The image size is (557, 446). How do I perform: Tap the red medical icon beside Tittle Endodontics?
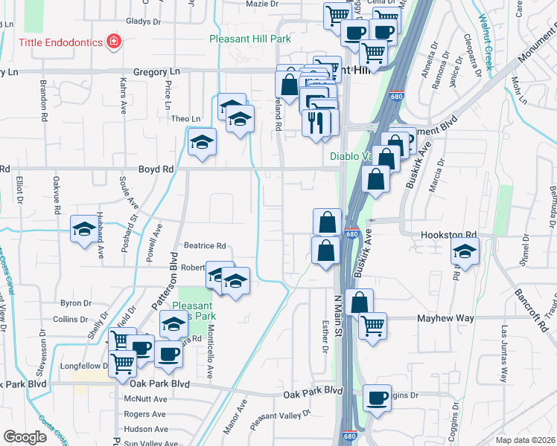click(114, 41)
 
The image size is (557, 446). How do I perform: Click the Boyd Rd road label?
click(156, 169)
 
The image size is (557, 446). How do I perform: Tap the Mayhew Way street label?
click(446, 318)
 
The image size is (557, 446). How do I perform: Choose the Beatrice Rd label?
click(205, 245)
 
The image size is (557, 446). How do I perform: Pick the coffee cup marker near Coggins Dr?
click(378, 398)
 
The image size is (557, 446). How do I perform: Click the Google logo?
click(25, 437)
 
